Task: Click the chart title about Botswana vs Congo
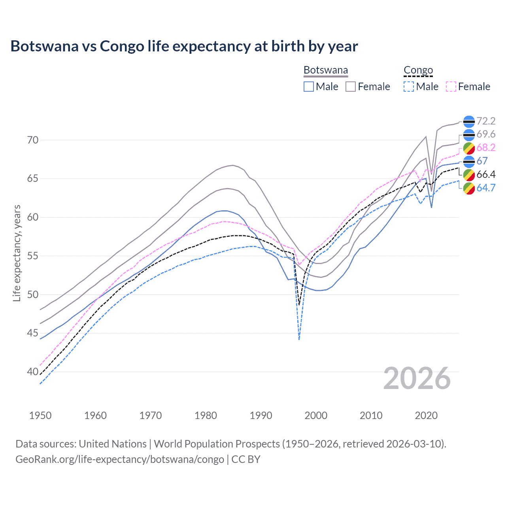point(184,46)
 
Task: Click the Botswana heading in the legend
point(326,70)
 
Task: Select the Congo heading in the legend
point(418,70)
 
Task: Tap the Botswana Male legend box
point(309,87)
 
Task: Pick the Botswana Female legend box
point(351,87)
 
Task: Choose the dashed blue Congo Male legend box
point(409,87)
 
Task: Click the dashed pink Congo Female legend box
point(451,87)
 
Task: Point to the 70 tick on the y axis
point(33,140)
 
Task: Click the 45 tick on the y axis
point(33,333)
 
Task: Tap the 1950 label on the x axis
point(40,415)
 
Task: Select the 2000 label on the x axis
point(316,415)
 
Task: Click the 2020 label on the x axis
point(426,415)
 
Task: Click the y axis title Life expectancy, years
point(17,253)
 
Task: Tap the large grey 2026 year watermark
point(417,378)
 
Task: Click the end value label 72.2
point(486,121)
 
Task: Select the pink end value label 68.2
point(486,148)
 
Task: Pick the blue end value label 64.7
point(486,188)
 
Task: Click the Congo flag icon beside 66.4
point(469,175)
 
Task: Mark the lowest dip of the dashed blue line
point(299,339)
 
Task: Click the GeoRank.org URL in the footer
point(120,459)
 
